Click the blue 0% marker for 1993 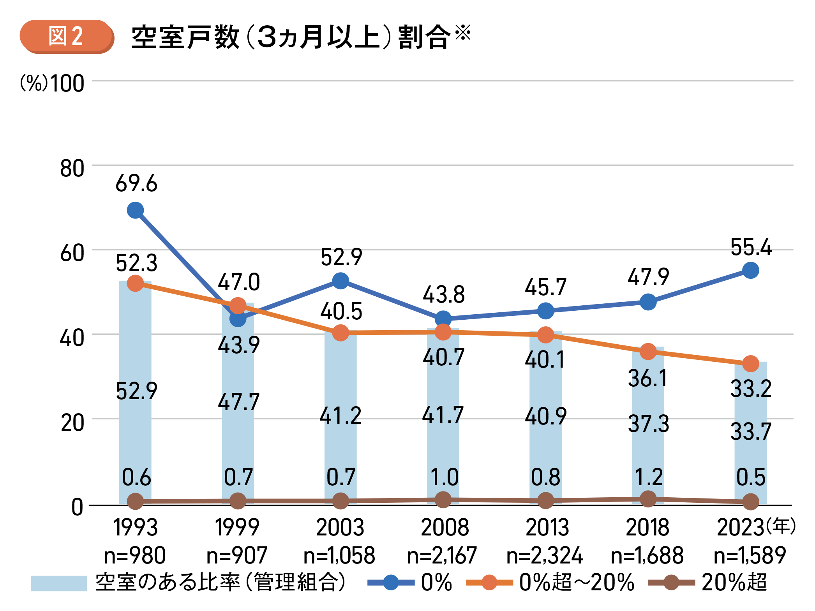(135, 210)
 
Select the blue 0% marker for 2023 (750, 270)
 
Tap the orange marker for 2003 (340, 333)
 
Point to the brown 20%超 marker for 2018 (648, 498)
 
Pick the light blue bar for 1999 (238, 428)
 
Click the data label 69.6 (136, 183)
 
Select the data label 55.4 (751, 247)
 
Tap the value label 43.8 (444, 294)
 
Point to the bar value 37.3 (648, 424)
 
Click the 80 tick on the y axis (72, 169)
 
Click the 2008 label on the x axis (445, 528)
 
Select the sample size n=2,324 (545, 555)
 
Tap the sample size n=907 (237, 555)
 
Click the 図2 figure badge (67, 37)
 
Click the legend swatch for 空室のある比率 (58, 583)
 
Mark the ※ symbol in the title (463, 32)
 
